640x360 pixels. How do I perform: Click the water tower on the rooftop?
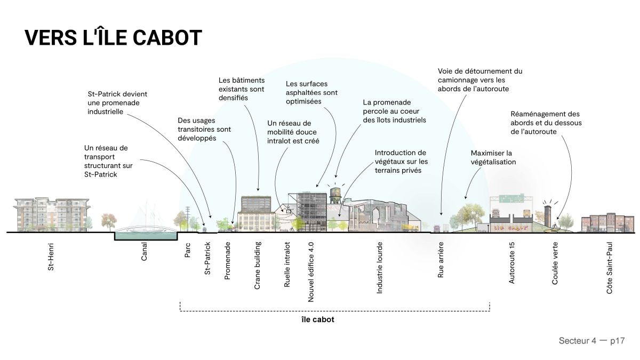[335, 196]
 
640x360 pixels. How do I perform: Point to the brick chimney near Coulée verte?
[547, 215]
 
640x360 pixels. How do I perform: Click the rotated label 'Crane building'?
[257, 266]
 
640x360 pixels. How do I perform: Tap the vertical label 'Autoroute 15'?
[511, 263]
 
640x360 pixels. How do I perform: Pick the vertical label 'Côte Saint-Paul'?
[610, 268]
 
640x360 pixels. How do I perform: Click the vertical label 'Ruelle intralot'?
[287, 265]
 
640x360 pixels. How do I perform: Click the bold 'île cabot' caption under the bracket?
[318, 319]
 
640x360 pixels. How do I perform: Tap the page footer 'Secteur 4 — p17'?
[591, 341]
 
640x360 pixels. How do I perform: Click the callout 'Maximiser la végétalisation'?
[493, 157]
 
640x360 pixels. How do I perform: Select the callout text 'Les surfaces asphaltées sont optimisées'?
[311, 93]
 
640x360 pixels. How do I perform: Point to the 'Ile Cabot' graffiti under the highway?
[510, 228]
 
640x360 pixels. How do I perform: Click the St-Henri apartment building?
[52, 214]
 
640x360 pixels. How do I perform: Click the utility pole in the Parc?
[187, 219]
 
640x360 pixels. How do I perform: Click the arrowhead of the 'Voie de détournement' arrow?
[441, 214]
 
